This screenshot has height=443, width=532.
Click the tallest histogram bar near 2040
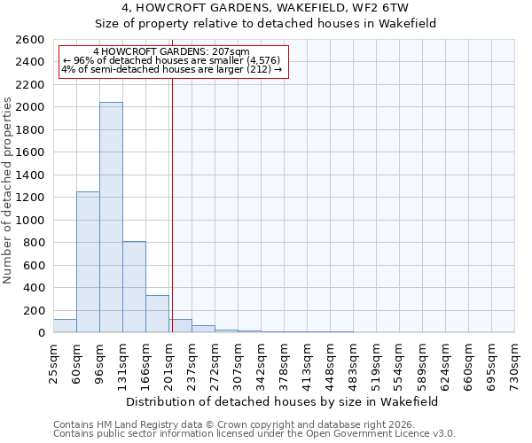[111, 217]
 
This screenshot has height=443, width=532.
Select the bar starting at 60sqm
[88, 261]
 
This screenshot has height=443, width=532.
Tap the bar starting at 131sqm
[134, 286]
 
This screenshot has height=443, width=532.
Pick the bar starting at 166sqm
[157, 314]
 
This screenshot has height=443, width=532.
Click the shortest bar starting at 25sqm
[65, 326]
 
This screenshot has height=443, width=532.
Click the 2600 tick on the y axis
[31, 40]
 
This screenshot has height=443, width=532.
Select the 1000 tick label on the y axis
[31, 220]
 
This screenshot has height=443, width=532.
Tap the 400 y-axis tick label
[35, 288]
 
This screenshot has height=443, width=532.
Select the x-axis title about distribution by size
[284, 401]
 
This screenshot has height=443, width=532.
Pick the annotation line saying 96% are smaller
[172, 61]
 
